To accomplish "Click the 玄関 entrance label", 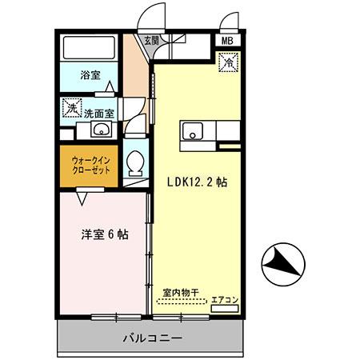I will click(150, 39).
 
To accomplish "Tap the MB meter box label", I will click(226, 40).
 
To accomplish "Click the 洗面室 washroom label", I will click(100, 113).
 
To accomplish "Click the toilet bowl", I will click(136, 163).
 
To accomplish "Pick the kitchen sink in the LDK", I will click(193, 132).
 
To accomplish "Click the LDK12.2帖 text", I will click(197, 182).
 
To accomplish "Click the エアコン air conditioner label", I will click(224, 301).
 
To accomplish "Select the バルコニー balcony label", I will click(151, 337).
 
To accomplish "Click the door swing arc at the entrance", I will click(145, 21).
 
